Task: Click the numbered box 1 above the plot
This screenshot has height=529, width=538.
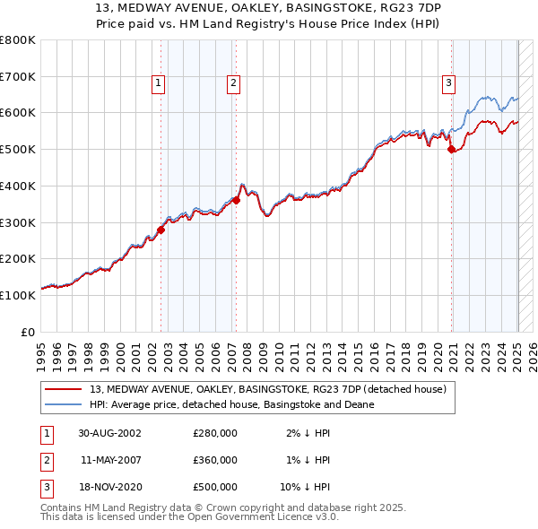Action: tap(158, 84)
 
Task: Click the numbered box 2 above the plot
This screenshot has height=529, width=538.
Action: tap(232, 84)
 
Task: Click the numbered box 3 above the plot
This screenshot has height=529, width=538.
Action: tap(448, 84)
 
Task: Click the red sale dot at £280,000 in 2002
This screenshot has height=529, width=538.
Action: tap(161, 230)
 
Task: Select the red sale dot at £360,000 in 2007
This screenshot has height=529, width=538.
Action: tap(236, 201)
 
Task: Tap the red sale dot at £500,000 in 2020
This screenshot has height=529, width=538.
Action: tap(452, 150)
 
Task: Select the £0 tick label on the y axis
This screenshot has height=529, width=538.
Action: tap(28, 332)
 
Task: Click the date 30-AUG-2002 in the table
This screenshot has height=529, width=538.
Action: tap(109, 433)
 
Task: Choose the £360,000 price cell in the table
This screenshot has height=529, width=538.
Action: tap(215, 460)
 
